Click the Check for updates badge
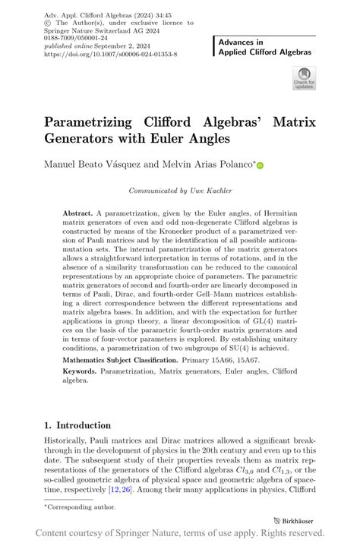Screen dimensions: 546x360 (303, 78)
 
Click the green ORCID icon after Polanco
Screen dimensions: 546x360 (260, 164)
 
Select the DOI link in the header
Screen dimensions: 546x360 (111, 55)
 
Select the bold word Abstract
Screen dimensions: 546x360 (78, 214)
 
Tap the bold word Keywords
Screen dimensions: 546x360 (81, 371)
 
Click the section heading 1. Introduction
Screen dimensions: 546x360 (77, 425)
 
